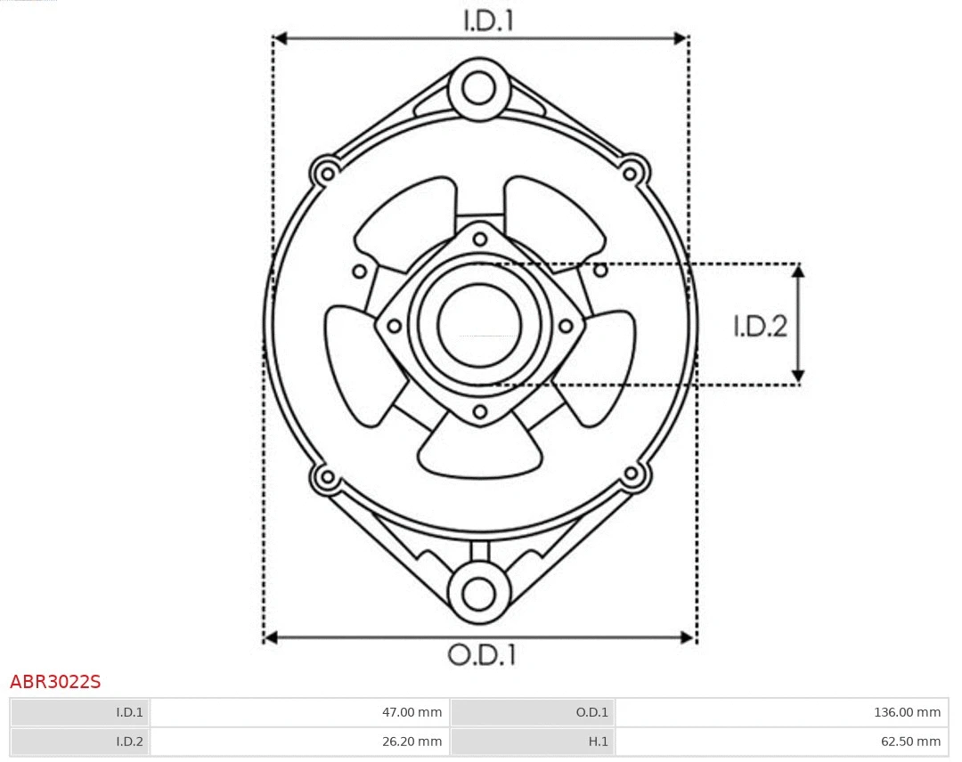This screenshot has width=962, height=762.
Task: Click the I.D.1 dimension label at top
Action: (488, 20)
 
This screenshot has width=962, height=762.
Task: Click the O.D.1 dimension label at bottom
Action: (481, 655)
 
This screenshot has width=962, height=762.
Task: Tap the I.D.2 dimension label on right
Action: (760, 327)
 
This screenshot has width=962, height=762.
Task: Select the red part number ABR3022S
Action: (55, 683)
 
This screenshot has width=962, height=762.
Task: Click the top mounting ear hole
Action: (479, 88)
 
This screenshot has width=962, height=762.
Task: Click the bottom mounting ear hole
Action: (479, 593)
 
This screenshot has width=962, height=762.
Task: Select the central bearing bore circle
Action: (479, 325)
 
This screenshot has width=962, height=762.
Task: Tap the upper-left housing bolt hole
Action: (326, 172)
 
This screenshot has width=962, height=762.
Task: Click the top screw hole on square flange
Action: (480, 238)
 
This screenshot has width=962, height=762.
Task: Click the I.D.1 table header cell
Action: (80, 712)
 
